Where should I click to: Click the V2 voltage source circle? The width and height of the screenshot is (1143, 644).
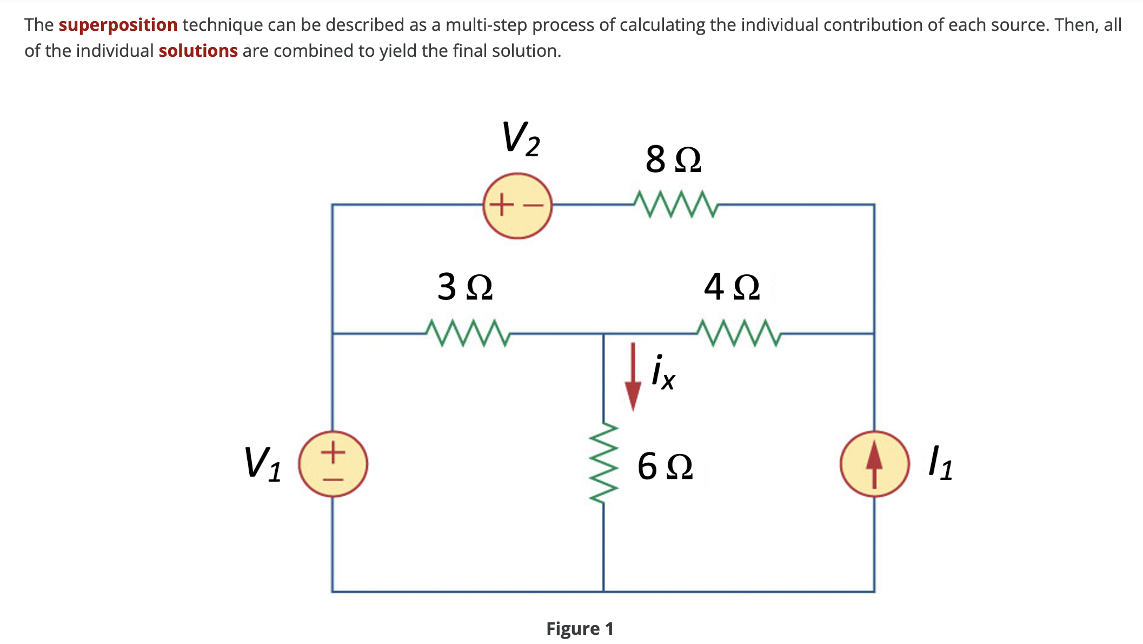pyautogui.click(x=517, y=206)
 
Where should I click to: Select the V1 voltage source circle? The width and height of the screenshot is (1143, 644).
pyautogui.click(x=333, y=464)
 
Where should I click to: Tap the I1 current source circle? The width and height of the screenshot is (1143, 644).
pyautogui.click(x=874, y=464)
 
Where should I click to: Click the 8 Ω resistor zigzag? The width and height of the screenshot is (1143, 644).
pyautogui.click(x=675, y=204)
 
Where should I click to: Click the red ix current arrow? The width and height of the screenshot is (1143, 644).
pyautogui.click(x=633, y=379)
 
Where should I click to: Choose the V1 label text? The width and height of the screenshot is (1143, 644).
pyautogui.click(x=263, y=464)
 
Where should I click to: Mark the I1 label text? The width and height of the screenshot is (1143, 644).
pyautogui.click(x=940, y=463)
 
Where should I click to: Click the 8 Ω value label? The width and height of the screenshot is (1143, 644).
pyautogui.click(x=673, y=160)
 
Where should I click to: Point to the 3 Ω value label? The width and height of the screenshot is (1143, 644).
pyautogui.click(x=465, y=287)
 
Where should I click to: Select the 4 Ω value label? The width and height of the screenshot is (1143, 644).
pyautogui.click(x=732, y=287)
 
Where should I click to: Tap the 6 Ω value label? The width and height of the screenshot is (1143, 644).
pyautogui.click(x=665, y=466)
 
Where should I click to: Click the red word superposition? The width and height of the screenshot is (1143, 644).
pyautogui.click(x=118, y=25)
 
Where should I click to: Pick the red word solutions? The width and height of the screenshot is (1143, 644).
pyautogui.click(x=198, y=51)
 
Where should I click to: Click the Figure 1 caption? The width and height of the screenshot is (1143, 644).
pyautogui.click(x=580, y=628)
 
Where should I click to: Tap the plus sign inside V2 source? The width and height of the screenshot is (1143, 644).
pyautogui.click(x=503, y=205)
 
